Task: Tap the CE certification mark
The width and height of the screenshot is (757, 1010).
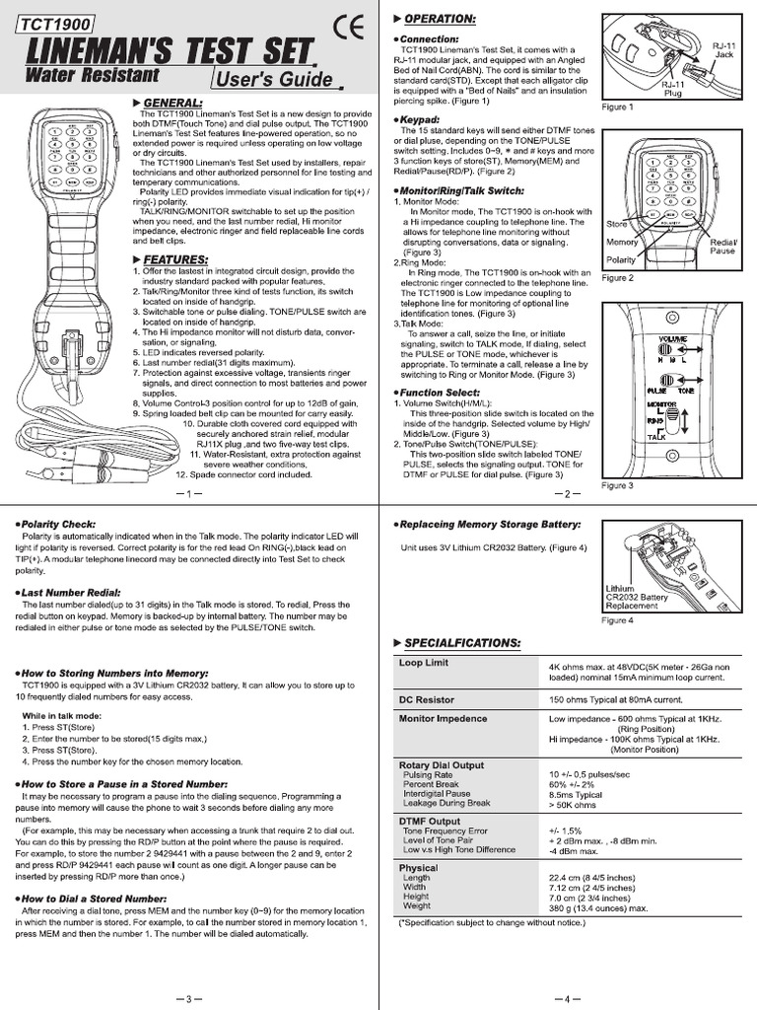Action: point(348,29)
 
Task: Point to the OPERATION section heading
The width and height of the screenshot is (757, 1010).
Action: point(439,19)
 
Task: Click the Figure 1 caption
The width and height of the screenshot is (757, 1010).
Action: point(617,106)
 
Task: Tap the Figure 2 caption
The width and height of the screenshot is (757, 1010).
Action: point(617,278)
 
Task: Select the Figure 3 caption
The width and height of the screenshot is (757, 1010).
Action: point(617,485)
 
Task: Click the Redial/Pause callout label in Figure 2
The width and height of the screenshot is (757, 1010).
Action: point(723,246)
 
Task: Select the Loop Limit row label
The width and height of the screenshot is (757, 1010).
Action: point(423,664)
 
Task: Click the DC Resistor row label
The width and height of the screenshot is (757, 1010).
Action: point(426,699)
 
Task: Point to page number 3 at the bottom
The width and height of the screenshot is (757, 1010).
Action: point(190,998)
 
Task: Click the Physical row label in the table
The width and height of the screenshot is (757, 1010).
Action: point(418,868)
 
